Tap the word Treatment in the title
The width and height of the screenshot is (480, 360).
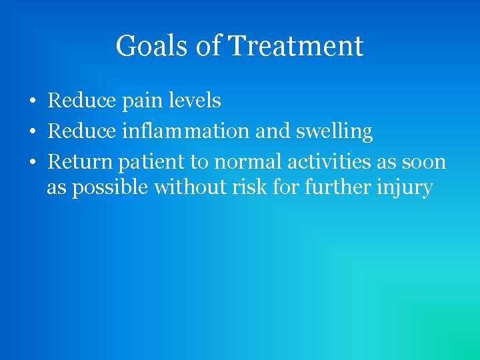(x=295, y=47)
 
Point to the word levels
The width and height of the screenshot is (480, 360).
(x=194, y=101)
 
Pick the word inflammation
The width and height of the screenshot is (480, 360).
(x=187, y=131)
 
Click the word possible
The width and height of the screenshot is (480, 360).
(x=110, y=189)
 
